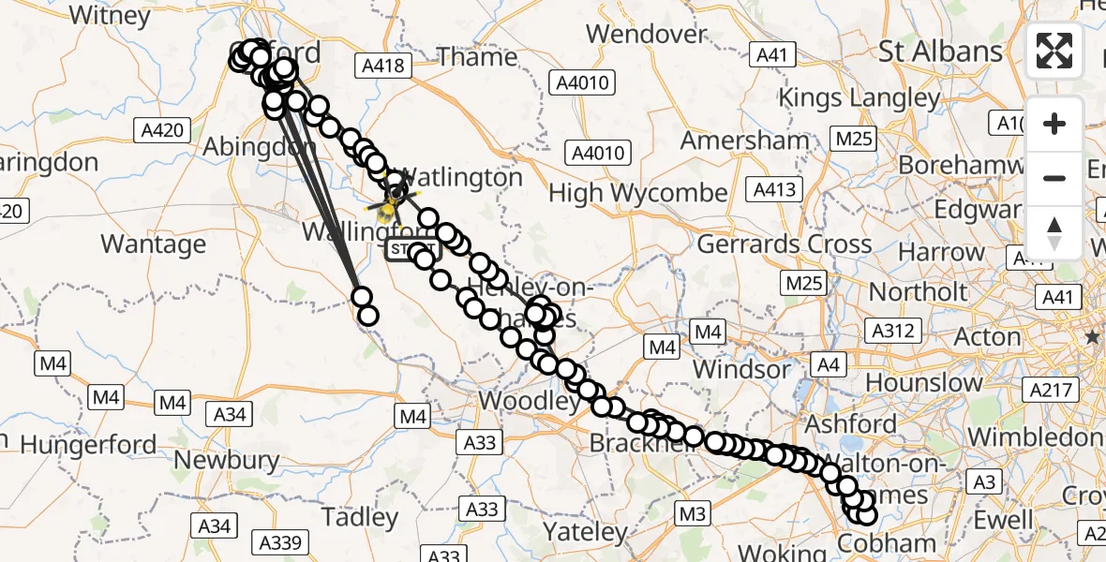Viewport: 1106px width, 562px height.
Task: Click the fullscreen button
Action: [x=1054, y=51]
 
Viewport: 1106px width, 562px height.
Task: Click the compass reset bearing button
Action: [x=1054, y=232]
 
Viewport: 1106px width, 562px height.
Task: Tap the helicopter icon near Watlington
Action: [x=392, y=200]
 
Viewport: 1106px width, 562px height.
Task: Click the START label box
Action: [x=411, y=250]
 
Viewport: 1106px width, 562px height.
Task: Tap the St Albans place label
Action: [x=940, y=52]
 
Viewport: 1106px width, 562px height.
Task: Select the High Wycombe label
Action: [x=637, y=194]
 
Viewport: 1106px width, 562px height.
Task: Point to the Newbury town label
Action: [x=227, y=460]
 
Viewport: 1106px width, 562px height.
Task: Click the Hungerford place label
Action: [x=88, y=444]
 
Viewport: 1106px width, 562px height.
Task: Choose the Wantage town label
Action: [x=153, y=244]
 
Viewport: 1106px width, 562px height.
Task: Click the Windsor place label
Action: [x=741, y=369]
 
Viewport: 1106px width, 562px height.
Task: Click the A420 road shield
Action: [x=162, y=130]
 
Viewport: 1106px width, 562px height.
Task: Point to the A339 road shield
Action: [x=281, y=542]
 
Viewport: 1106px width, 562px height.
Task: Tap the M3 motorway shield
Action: [x=692, y=513]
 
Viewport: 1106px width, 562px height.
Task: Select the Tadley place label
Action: [x=359, y=517]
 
